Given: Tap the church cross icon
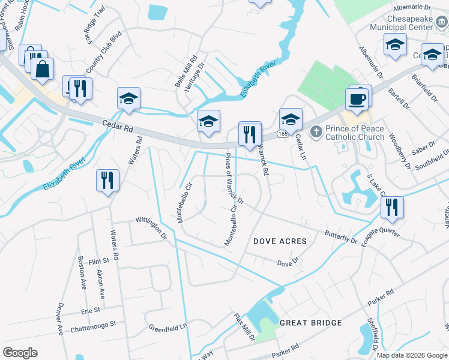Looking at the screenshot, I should tap(316, 130).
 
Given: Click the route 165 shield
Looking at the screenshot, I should tap(282, 135).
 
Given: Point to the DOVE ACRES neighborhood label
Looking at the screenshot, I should tap(280, 241).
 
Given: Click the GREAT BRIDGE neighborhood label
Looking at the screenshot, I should tap(310, 323).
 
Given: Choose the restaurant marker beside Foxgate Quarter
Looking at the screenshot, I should tap(392, 208).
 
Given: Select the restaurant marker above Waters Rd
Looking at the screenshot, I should tap(107, 180).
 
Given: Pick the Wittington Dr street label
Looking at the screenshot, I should tap(151, 229).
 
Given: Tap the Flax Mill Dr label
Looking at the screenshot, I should tap(244, 327).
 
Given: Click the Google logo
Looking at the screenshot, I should tap(20, 353).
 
